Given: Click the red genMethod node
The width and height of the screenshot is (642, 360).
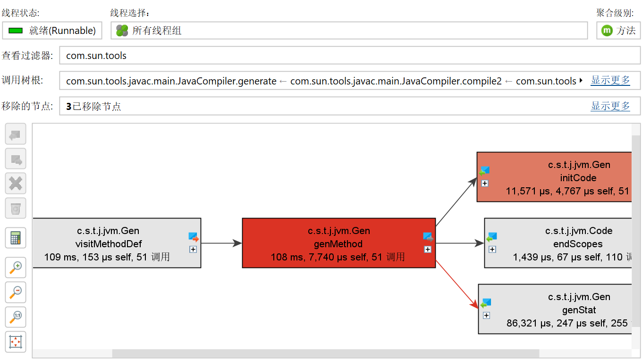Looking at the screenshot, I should pos(338,243).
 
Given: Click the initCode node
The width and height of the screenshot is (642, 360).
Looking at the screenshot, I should pos(554,177).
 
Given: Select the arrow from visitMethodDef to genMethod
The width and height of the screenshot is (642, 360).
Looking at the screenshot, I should pos(221,243).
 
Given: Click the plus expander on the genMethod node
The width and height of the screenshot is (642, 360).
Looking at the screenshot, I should pos(428,250).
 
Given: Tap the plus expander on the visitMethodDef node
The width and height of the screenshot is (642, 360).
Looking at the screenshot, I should pos(193,250).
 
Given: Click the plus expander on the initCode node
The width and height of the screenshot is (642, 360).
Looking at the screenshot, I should pos(484,184).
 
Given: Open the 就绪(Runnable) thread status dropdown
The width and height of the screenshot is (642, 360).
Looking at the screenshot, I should pos(52,31).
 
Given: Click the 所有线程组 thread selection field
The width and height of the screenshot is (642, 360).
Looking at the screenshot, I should pos(349,31).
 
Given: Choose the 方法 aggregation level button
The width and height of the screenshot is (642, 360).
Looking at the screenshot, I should pos(618,31).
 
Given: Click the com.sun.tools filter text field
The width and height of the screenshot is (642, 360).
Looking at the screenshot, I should pos(349,56).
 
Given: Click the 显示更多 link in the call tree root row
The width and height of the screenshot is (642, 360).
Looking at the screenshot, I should pos(610,80).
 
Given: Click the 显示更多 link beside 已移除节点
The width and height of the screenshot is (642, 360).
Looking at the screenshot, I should pos(610,106).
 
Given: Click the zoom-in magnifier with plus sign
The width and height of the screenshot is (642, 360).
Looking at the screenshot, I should pos(16,268).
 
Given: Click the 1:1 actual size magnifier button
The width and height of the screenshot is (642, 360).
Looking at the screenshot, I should pos(16,317).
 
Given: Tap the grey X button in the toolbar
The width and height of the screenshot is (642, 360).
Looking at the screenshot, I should pos(16,183).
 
